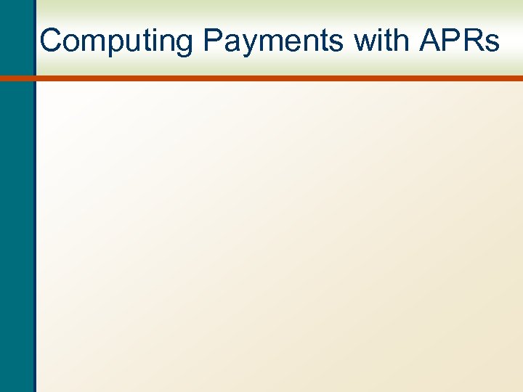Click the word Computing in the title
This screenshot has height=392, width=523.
tap(116, 41)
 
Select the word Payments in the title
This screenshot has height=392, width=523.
tap(273, 41)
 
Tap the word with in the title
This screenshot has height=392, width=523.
tap(381, 41)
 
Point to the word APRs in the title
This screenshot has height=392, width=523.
tap(459, 41)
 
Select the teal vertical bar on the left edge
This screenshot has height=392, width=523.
tap(16, 218)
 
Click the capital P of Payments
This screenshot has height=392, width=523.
tap(214, 41)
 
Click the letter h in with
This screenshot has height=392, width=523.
tap(401, 41)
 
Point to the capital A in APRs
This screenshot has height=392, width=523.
tap(430, 41)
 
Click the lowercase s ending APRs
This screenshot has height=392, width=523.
tap(492, 44)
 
